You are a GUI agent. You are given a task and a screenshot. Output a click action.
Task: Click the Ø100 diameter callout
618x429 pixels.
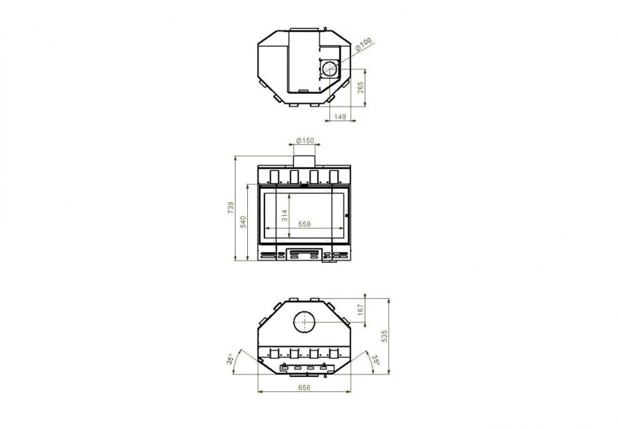(363, 44)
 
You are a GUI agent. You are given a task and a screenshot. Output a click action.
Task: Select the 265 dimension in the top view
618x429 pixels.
(361, 88)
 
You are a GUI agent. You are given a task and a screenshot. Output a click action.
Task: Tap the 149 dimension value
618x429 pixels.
(340, 117)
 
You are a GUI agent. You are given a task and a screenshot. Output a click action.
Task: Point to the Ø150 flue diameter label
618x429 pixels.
(305, 140)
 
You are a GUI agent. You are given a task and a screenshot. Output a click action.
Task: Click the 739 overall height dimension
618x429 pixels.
(231, 208)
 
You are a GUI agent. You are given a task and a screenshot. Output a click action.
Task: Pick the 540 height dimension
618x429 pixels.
(243, 221)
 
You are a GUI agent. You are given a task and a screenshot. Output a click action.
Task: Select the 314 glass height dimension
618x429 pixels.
(284, 215)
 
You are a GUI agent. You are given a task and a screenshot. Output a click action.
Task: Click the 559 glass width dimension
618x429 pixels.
(304, 224)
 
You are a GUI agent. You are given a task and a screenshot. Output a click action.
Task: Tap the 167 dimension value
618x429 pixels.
(360, 310)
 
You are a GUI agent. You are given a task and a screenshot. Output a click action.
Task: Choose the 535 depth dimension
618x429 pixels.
(384, 336)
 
